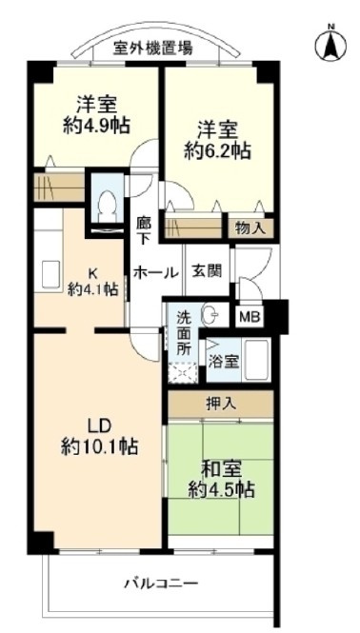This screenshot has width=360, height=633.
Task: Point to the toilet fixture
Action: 108,203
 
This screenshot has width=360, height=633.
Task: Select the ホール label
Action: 156,272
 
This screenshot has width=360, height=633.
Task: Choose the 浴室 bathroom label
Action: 224,361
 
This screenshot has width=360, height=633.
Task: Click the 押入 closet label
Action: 221,404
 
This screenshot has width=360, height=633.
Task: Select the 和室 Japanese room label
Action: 221,468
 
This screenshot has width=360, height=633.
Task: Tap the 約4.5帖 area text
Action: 221,490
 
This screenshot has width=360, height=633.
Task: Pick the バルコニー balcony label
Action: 160,583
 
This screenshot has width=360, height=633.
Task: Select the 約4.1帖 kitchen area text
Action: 92,289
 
